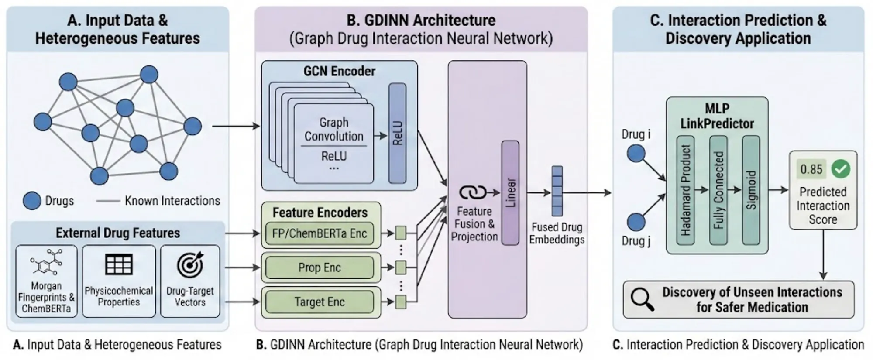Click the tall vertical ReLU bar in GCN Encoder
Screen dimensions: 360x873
pyautogui.click(x=397, y=133)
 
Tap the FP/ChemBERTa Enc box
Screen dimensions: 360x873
pyautogui.click(x=320, y=233)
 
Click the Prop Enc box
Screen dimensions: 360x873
pyautogui.click(x=320, y=267)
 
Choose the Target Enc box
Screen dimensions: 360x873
pyautogui.click(x=320, y=302)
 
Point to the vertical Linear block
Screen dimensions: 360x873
pyautogui.click(x=510, y=192)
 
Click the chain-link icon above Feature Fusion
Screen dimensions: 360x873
pyautogui.click(x=473, y=192)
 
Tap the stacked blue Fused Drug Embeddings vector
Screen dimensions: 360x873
pyautogui.click(x=557, y=191)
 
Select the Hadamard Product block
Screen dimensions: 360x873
pyautogui.click(x=685, y=190)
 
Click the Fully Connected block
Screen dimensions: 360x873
pyautogui.click(x=718, y=190)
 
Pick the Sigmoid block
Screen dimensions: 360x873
pyautogui.click(x=751, y=190)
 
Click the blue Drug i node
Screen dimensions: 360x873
pyautogui.click(x=636, y=154)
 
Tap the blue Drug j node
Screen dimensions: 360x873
pyautogui.click(x=636, y=222)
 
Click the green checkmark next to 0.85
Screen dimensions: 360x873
pyautogui.click(x=841, y=169)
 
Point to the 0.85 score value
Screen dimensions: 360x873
pyautogui.click(x=811, y=169)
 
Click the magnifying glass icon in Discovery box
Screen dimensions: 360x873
pyautogui.click(x=642, y=299)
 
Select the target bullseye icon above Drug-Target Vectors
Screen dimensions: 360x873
pyautogui.click(x=190, y=264)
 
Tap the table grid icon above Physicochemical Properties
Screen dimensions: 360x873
pyautogui.click(x=119, y=264)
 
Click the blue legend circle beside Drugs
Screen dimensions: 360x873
pyautogui.click(x=32, y=201)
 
